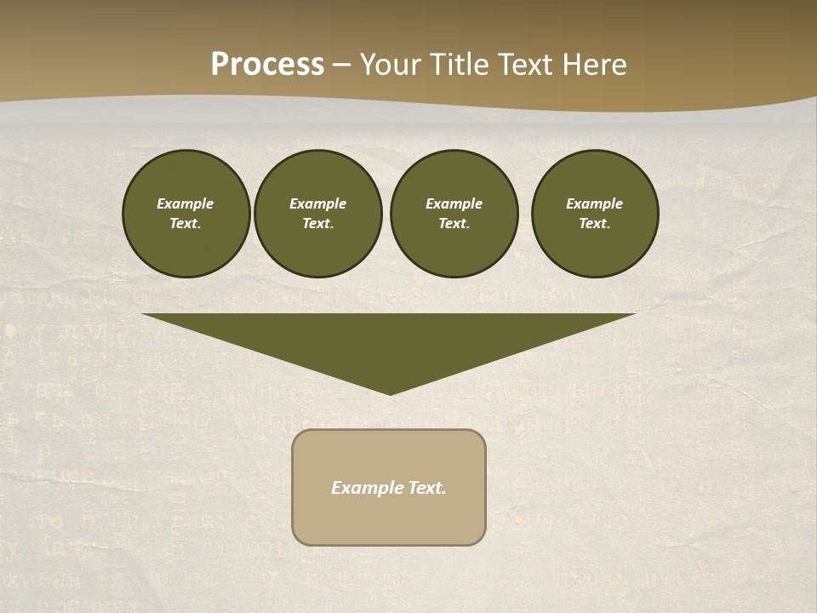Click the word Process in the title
[x=267, y=65]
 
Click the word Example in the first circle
[x=186, y=203]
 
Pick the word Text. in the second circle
[x=317, y=224]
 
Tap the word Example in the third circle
[x=454, y=203]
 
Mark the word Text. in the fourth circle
[x=594, y=224]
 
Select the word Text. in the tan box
[x=427, y=488]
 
